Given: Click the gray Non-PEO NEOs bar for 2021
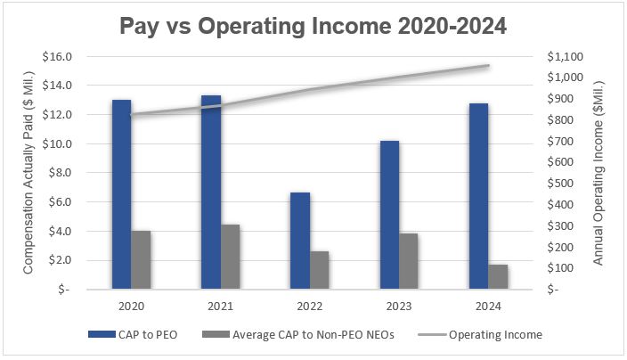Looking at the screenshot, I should [230, 257].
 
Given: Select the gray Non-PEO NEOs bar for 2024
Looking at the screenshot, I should [498, 276].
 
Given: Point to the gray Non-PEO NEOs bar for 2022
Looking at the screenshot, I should [320, 270].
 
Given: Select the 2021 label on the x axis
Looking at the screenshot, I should [220, 306].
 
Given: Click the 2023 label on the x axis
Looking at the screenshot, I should [398, 306].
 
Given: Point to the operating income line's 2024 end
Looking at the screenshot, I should [488, 66].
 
